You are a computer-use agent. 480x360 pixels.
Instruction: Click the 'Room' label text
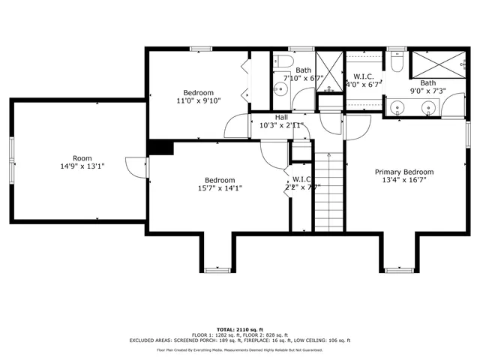coord(82,158)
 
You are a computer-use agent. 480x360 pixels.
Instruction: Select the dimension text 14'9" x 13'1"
coord(82,166)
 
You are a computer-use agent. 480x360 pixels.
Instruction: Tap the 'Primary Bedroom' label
coord(404,172)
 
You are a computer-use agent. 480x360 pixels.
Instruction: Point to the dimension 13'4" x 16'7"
coord(404,180)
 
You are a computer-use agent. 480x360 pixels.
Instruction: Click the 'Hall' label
coord(281,118)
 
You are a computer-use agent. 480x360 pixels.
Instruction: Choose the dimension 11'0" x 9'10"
coord(199,100)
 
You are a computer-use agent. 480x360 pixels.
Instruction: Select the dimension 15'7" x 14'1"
coord(220,188)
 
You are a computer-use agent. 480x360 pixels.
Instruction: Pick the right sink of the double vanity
coord(428,106)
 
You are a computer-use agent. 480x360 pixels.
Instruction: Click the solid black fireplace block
coord(160,148)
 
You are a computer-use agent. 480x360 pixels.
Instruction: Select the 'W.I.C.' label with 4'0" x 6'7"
coord(364,76)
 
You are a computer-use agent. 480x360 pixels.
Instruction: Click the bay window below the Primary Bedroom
coord(397,269)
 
